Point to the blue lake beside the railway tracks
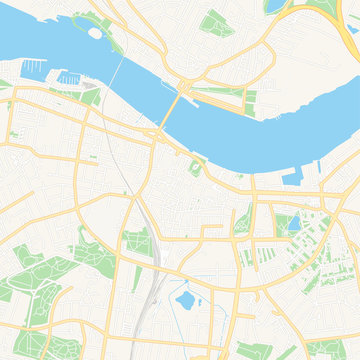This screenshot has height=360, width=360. pos(185,297)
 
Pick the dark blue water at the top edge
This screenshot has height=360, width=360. pos(272,5)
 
